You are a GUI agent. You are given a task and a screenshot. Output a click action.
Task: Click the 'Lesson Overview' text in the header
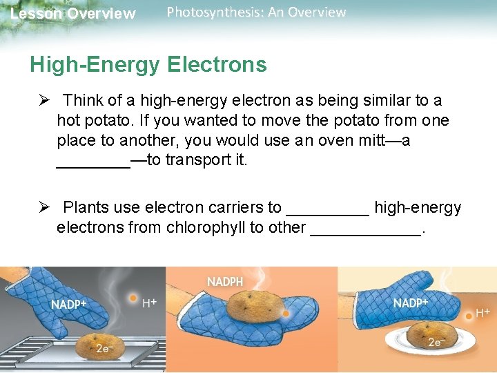(73, 14)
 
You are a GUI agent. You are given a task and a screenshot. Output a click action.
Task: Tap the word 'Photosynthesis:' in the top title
(202, 12)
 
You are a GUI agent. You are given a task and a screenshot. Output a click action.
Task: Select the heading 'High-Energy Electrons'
(148, 65)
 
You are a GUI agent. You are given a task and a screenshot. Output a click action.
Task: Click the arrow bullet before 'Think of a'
(45, 101)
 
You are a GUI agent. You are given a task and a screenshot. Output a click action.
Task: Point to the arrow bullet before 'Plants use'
(45, 208)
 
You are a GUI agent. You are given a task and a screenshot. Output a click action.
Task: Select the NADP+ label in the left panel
(68, 305)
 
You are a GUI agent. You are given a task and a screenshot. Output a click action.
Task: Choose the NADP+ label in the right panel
(411, 303)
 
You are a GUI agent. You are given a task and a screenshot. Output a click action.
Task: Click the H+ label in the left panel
(148, 303)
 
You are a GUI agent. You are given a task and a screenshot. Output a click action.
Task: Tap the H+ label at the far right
(483, 313)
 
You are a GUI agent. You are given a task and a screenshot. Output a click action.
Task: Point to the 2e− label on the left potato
(104, 350)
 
